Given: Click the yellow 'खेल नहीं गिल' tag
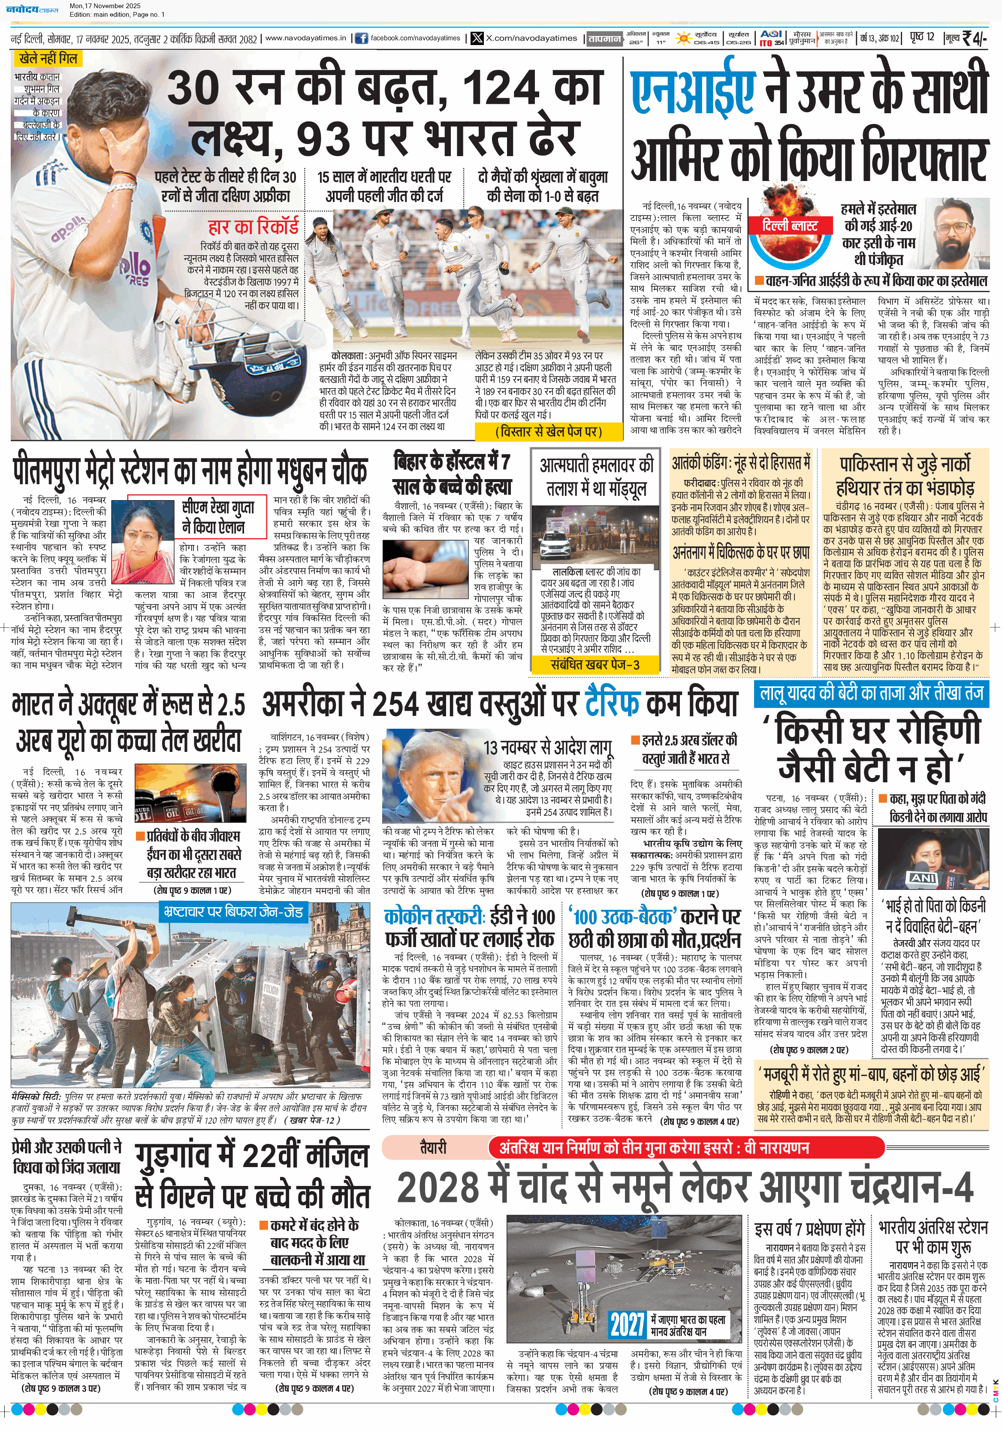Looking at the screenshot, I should pyautogui.click(x=48, y=59).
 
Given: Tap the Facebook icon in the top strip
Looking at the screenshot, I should pyautogui.click(x=361, y=39).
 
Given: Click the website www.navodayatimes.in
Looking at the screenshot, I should pyautogui.click(x=305, y=38).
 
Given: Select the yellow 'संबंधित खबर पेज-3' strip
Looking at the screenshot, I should pyautogui.click(x=595, y=664).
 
